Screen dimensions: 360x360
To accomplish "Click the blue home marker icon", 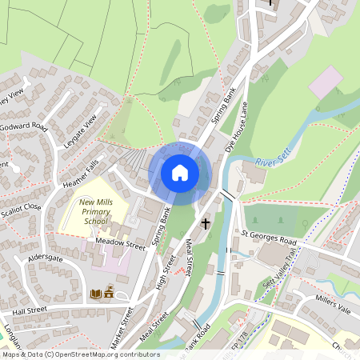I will click(180, 172).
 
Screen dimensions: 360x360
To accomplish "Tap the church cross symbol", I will click(206, 224).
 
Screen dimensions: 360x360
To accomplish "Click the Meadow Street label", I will click(120, 244).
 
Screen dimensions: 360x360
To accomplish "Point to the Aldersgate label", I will click(45, 260).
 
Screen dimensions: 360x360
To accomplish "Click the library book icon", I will click(96, 294).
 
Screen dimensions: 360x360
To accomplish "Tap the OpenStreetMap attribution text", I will click(80, 354).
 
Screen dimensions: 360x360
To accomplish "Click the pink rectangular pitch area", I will click(326, 82).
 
